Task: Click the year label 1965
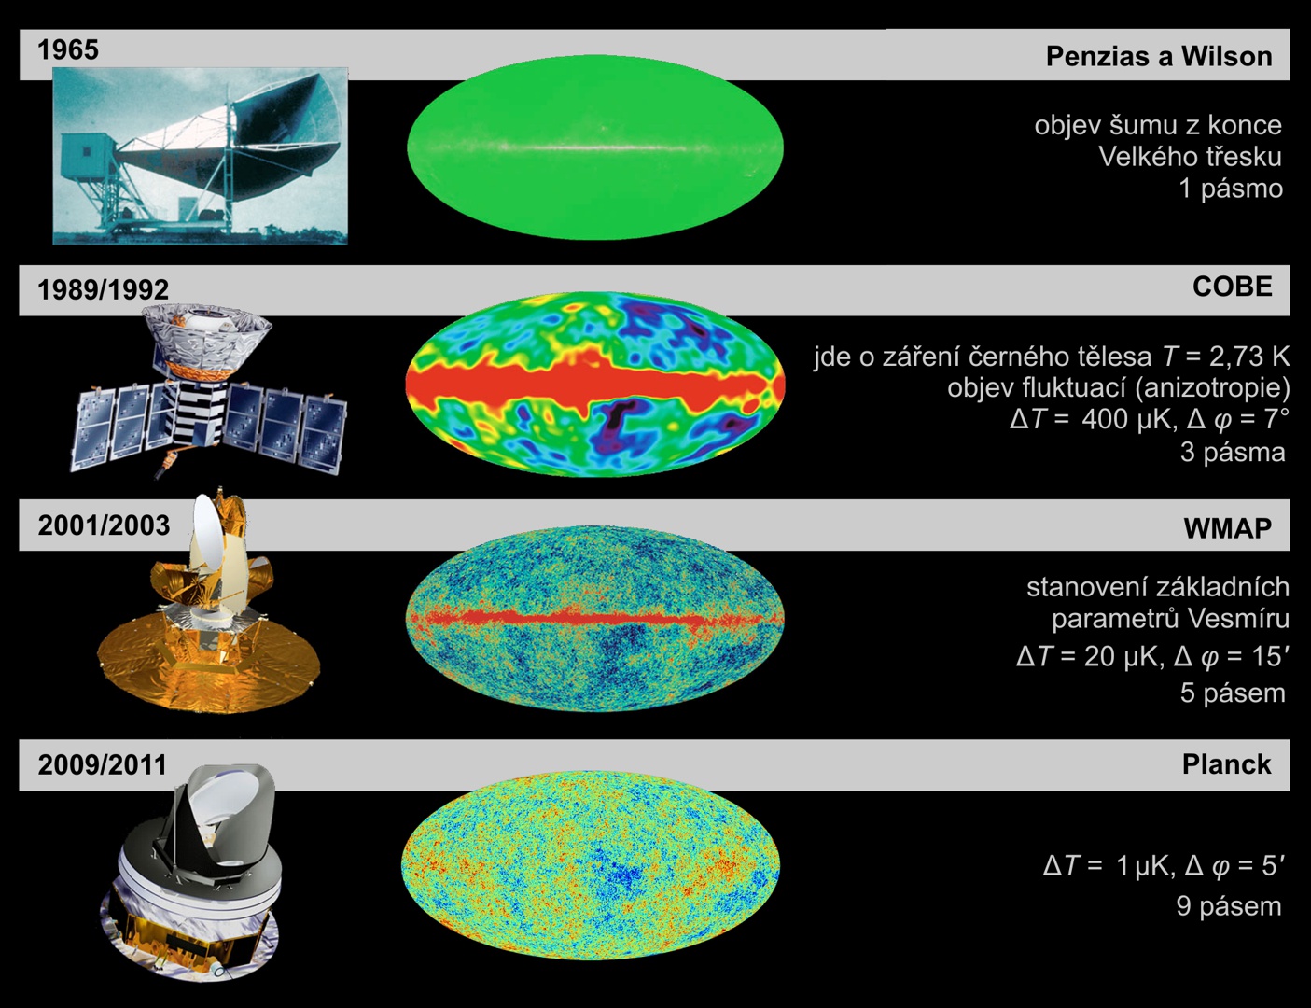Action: click(x=67, y=49)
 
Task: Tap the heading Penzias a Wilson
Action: click(x=1159, y=56)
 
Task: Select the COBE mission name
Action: click(x=1232, y=287)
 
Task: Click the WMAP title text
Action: click(x=1228, y=528)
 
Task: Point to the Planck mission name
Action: click(x=1226, y=764)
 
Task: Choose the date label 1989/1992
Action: click(x=104, y=289)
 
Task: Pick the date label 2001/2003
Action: click(x=104, y=525)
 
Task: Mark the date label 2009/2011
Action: click(x=103, y=764)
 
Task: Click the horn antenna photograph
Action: click(x=201, y=156)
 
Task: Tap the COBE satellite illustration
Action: click(x=208, y=391)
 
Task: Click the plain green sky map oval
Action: click(x=595, y=147)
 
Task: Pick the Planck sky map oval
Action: click(x=591, y=865)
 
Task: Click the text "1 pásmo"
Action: click(x=1231, y=189)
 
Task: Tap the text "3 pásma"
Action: click(x=1233, y=453)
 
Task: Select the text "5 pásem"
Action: click(x=1233, y=693)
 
